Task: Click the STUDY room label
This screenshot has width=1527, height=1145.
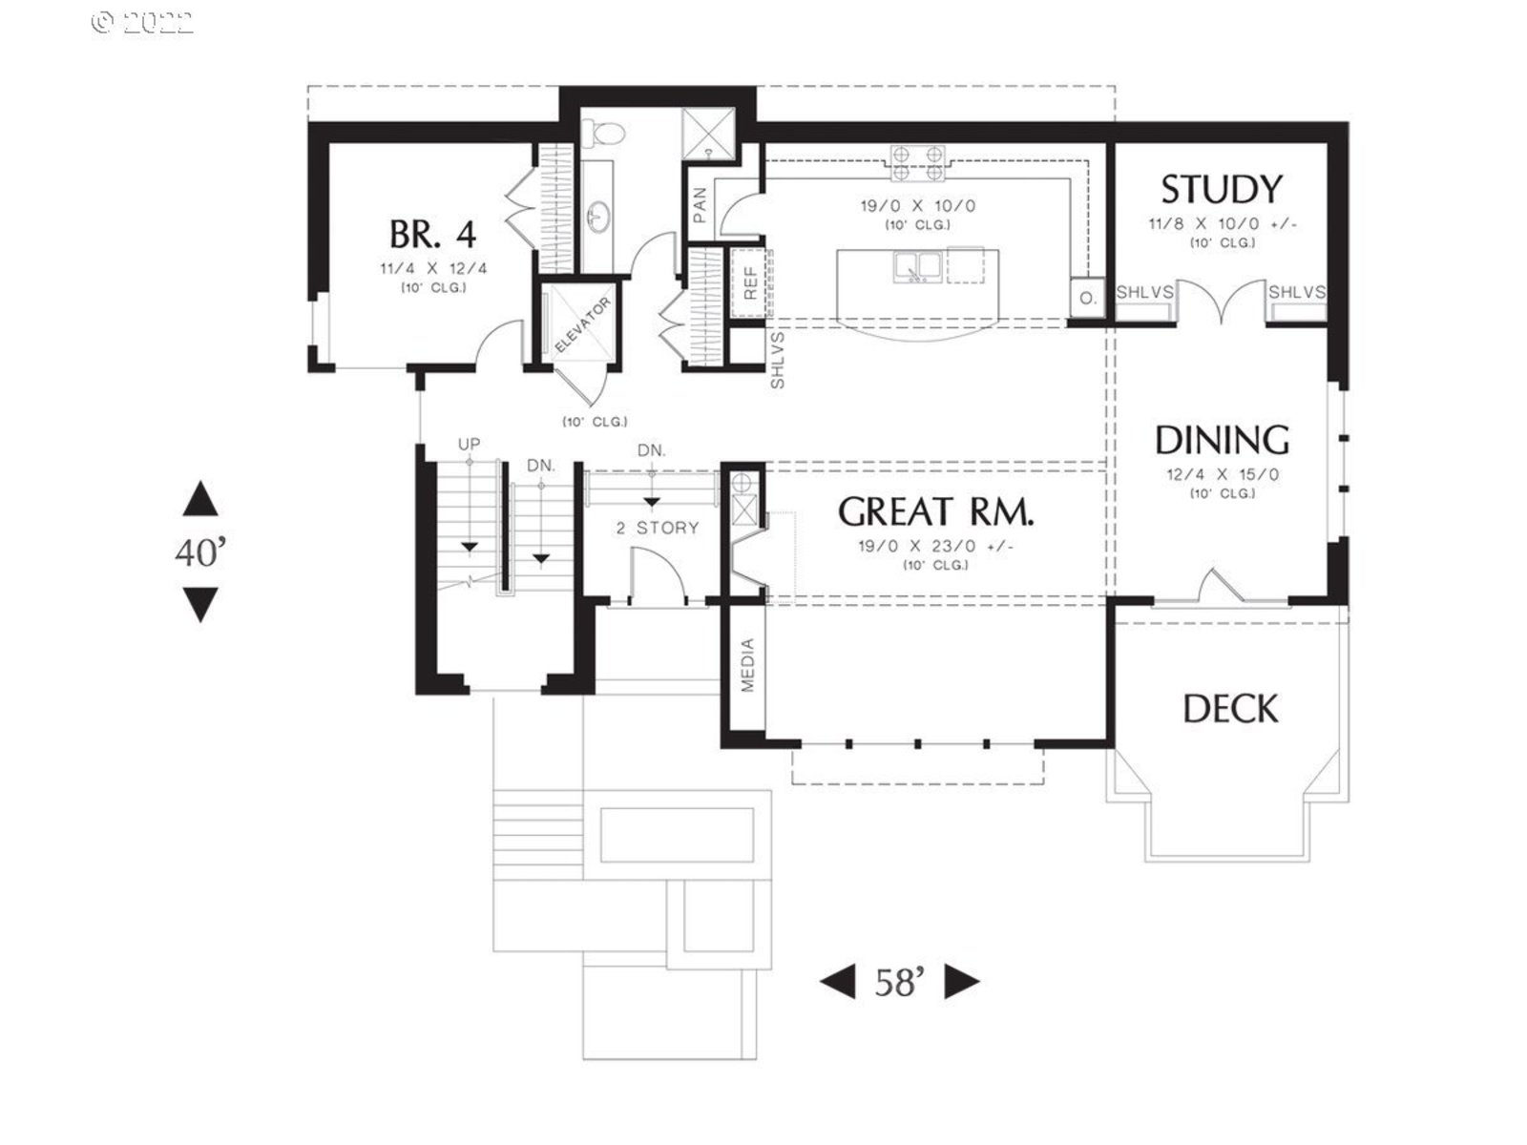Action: (x=1221, y=190)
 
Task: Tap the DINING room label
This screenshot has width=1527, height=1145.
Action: (x=1222, y=440)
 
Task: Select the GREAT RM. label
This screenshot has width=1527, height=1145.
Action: (x=935, y=512)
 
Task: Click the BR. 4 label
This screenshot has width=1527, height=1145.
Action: (x=432, y=235)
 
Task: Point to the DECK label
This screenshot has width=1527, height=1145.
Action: (x=1230, y=709)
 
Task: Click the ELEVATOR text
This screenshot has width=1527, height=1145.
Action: (x=583, y=324)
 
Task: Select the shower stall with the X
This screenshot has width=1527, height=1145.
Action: (x=708, y=135)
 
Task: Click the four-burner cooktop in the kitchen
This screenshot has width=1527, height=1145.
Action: (x=918, y=163)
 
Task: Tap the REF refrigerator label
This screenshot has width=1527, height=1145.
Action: (x=750, y=283)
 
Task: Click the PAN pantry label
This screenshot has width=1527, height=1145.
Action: (x=700, y=205)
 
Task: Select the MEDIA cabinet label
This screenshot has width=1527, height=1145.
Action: (x=747, y=665)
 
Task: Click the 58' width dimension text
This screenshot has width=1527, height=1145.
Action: (x=900, y=983)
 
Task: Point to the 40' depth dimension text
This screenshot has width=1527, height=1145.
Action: (x=200, y=553)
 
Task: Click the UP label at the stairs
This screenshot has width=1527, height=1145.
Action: (x=469, y=445)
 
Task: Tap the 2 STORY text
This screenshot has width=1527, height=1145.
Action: (x=658, y=529)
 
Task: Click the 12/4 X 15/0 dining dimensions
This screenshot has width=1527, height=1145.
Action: (x=1223, y=475)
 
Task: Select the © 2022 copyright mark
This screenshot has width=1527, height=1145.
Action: (x=142, y=23)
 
